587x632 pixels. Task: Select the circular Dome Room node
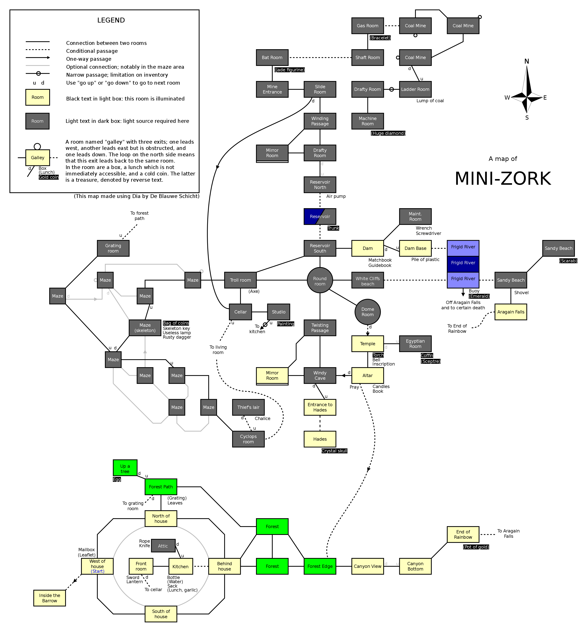tap(368, 312)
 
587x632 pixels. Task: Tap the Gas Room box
tap(368, 26)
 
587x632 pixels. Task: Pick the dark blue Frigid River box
tap(463, 263)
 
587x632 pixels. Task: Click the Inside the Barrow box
tap(50, 598)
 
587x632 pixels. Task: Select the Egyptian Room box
tap(415, 344)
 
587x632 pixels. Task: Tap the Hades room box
tap(320, 439)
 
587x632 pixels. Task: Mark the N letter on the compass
tap(527, 61)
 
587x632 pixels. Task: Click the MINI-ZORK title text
tap(503, 179)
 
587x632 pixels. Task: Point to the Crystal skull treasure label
tap(334, 451)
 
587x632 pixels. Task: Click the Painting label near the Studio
tap(286, 324)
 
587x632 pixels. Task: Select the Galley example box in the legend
tap(37, 157)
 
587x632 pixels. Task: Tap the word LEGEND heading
tap(111, 20)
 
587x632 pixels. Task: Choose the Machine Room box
tap(368, 121)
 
